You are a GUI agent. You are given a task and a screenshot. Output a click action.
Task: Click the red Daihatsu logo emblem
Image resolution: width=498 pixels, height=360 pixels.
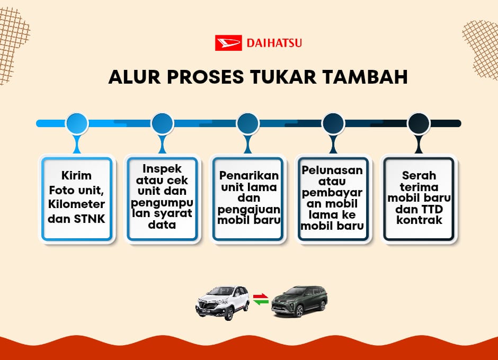228,43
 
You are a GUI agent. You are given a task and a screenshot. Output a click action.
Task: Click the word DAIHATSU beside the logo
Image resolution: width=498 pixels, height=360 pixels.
274,43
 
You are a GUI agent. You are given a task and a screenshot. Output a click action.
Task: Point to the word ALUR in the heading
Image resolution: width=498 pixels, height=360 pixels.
135,77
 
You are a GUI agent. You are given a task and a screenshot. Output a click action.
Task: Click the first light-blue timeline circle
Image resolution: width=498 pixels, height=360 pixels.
76,123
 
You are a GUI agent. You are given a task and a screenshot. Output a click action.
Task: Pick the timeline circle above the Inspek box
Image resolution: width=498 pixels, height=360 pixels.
162,123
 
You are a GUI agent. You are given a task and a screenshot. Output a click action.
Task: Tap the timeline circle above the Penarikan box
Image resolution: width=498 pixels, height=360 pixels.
248,123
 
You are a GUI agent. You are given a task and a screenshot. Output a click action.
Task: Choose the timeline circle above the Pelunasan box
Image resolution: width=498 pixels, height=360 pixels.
333,123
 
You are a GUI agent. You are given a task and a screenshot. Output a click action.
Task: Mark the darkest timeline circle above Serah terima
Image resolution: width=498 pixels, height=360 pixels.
419,123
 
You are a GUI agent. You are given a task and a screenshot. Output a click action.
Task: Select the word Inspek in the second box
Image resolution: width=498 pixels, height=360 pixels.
162,169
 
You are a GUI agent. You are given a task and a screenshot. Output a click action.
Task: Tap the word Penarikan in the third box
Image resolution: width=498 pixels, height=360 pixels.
249,175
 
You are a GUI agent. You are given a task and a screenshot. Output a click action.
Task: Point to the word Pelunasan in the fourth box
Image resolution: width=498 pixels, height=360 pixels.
332,170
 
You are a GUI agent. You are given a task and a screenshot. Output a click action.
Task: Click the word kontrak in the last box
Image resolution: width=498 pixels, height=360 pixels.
419,220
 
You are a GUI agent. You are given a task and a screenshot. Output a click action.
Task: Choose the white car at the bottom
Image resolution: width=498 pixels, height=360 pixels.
223,302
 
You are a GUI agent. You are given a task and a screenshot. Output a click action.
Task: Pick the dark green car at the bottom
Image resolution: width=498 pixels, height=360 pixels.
299,301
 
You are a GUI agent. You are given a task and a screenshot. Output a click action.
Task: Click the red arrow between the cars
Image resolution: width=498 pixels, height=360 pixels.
261,296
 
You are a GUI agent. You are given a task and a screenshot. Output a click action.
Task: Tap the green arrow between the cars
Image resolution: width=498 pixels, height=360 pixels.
261,302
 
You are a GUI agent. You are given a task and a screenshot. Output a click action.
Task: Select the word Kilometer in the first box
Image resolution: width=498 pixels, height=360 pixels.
76,204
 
